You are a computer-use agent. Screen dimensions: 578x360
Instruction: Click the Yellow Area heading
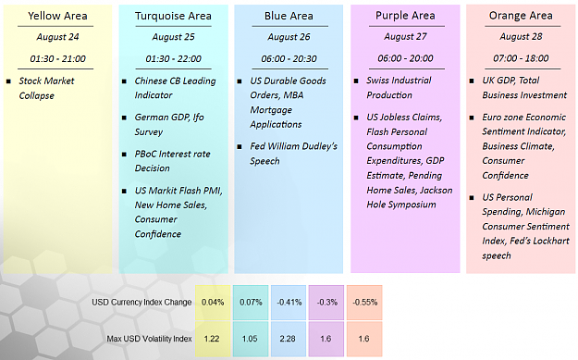click(57, 16)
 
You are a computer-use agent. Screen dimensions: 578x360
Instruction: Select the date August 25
click(173, 37)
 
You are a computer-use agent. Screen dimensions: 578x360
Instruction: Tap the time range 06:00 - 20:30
click(289, 58)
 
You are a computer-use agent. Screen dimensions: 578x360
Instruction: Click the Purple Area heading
click(405, 16)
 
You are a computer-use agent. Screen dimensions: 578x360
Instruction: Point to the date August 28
click(521, 36)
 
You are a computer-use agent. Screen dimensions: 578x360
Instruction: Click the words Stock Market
click(46, 81)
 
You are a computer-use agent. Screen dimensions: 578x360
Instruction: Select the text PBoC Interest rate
click(172, 154)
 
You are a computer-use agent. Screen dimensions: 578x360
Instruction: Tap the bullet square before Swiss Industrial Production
click(356, 81)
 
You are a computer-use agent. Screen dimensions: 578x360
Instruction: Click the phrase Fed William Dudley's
click(293, 146)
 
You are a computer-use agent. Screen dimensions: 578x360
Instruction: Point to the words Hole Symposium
click(401, 205)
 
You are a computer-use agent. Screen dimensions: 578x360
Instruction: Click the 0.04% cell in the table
click(213, 302)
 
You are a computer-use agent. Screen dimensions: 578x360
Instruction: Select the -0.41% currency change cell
click(289, 302)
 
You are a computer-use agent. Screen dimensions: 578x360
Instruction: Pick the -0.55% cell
click(364, 302)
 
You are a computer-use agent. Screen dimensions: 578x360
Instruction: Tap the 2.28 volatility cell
click(288, 339)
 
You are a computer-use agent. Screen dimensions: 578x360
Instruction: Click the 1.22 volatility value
click(212, 339)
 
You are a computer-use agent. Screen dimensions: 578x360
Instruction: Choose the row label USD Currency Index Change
click(141, 302)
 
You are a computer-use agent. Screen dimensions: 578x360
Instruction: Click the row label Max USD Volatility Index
click(149, 339)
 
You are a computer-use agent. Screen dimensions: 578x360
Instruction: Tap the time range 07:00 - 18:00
click(521, 58)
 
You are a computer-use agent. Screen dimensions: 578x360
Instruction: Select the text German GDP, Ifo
click(169, 118)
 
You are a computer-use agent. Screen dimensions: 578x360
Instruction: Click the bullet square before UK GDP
click(472, 81)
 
